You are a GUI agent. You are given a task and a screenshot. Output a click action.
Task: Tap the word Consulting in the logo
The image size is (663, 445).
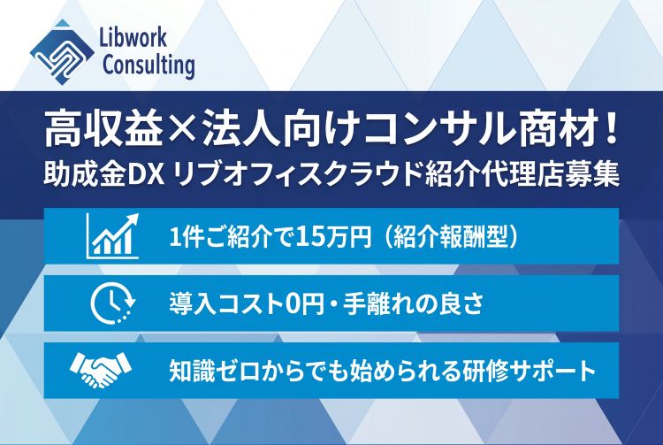[x=149, y=65]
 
